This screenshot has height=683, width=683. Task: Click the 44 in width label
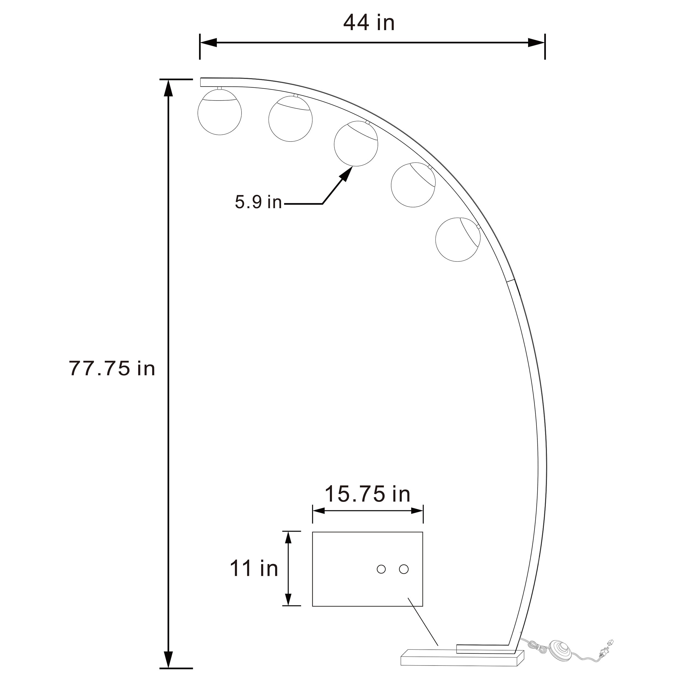[369, 23]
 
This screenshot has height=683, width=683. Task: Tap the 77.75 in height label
[112, 368]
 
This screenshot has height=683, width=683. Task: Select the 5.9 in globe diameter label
[258, 202]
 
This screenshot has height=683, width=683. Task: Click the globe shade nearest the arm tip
[220, 112]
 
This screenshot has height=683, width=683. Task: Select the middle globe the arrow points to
[356, 143]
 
